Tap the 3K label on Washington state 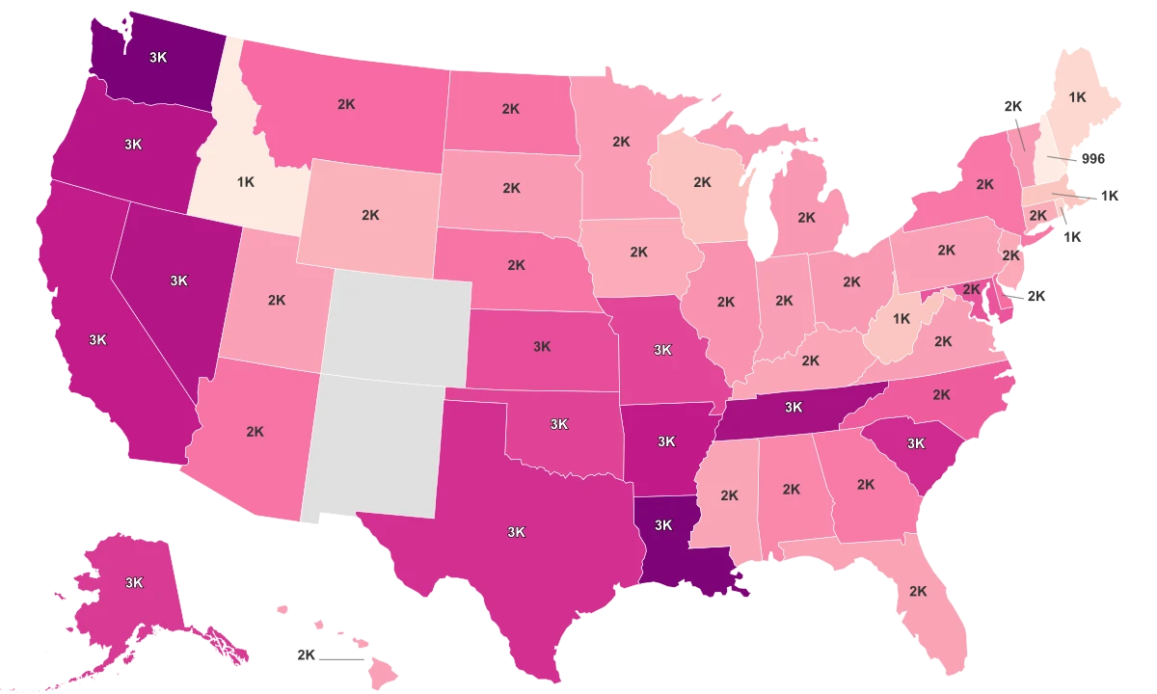tap(158, 57)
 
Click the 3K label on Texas tap(516, 531)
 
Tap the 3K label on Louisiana tap(663, 525)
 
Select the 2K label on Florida tap(918, 590)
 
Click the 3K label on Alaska tap(134, 582)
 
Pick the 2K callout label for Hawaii tap(307, 656)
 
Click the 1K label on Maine tap(1078, 96)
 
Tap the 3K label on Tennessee tap(794, 407)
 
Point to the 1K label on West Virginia tap(901, 318)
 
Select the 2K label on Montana tap(346, 104)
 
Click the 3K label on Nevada tap(178, 280)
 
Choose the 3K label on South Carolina tap(915, 443)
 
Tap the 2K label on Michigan tap(807, 218)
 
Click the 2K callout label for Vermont tap(1012, 106)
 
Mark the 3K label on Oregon tap(134, 144)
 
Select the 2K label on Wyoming tap(370, 215)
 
